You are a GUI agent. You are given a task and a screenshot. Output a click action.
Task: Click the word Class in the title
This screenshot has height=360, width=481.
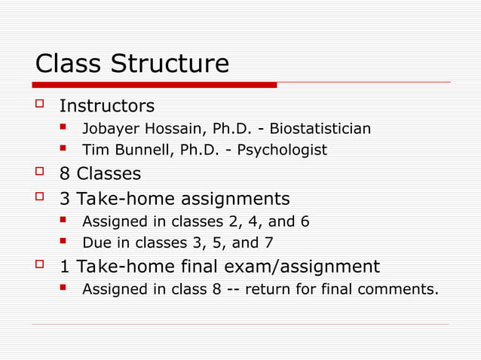(x=71, y=64)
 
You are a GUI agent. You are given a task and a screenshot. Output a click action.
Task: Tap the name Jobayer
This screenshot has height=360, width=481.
(x=108, y=128)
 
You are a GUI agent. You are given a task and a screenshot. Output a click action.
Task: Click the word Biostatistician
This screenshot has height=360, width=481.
(x=320, y=128)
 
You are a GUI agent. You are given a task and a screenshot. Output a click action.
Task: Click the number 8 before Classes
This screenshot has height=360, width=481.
(x=65, y=174)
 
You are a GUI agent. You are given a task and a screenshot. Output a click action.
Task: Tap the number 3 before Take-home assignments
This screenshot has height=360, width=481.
(x=65, y=199)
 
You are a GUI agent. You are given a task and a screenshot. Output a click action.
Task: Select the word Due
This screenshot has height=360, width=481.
(x=96, y=243)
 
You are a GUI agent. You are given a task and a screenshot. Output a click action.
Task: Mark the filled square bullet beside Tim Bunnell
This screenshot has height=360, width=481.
(x=66, y=149)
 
